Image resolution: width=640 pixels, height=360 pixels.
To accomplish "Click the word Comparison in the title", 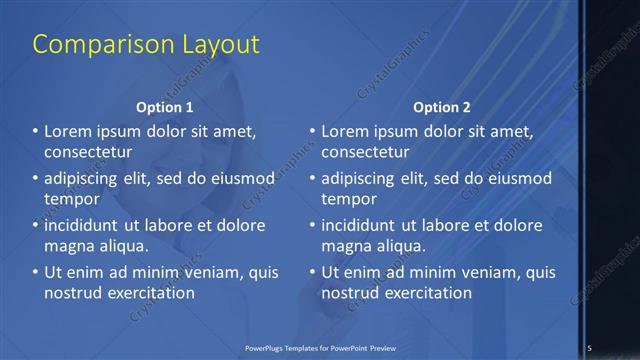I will coord(90,44).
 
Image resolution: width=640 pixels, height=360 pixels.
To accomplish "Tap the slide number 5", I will coord(590,347).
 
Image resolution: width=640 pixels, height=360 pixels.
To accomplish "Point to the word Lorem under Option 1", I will coord(69,131).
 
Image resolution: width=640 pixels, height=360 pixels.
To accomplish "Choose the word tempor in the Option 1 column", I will coord(71,199).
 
